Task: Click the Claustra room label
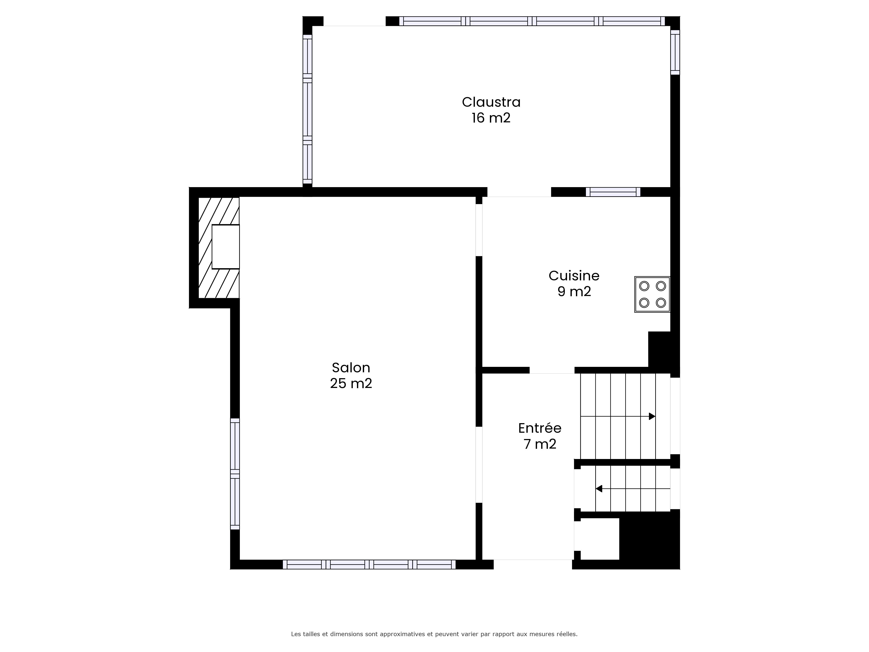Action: click(491, 102)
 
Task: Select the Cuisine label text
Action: click(574, 276)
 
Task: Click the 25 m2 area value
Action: click(351, 383)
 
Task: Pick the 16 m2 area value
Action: click(491, 118)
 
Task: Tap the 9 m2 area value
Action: click(574, 292)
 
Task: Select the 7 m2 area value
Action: click(540, 444)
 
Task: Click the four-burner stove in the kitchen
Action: click(652, 294)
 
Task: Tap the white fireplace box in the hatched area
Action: click(226, 247)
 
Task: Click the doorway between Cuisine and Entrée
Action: click(552, 370)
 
